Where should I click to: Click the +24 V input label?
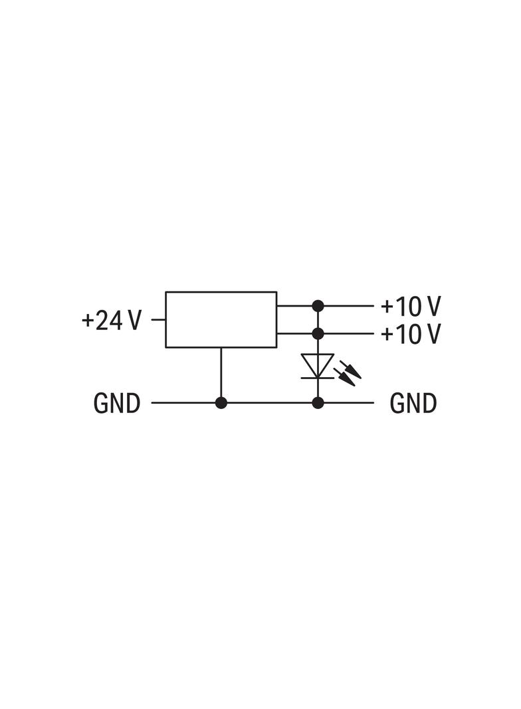coord(112,321)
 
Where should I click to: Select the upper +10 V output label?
coord(411,307)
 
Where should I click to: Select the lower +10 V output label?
coord(411,334)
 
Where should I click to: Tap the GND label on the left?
coord(117,403)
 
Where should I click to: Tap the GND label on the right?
coord(413,403)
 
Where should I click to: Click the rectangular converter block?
coord(221,319)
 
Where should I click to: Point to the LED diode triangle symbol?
coord(318,365)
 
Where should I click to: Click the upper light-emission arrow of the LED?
coord(352,368)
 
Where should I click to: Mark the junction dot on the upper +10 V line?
coord(318,306)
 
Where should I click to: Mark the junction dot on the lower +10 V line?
coord(318,333)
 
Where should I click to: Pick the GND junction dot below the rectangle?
coord(221,402)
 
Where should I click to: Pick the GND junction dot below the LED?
coord(318,402)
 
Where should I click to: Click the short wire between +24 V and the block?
coord(158,320)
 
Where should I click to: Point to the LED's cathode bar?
coord(318,378)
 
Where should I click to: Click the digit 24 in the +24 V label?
coord(110,321)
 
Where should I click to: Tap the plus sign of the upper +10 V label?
coord(387,307)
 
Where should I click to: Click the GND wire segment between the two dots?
coord(269,402)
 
